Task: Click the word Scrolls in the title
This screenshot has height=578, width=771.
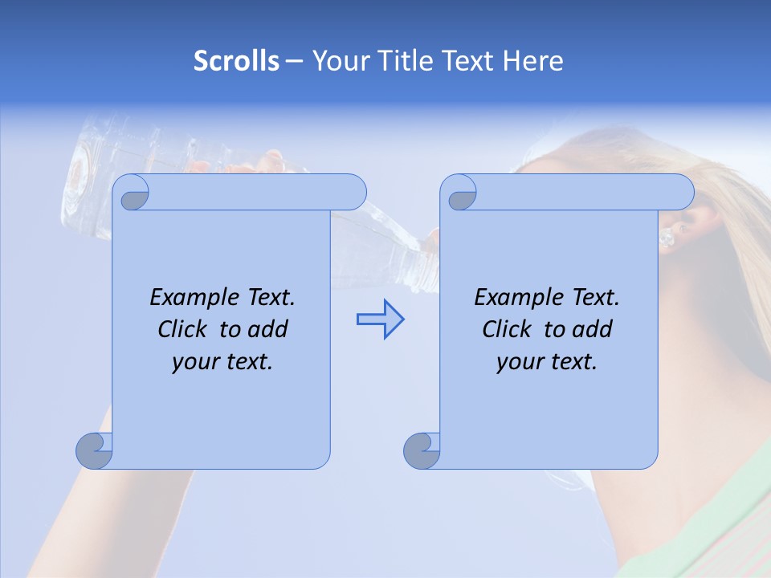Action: pos(236,60)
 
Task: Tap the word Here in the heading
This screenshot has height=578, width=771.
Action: pos(532,60)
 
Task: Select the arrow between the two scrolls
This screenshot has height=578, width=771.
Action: pos(380,319)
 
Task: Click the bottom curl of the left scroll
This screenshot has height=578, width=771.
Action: pos(94,451)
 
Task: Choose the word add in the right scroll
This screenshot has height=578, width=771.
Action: pos(594,329)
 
